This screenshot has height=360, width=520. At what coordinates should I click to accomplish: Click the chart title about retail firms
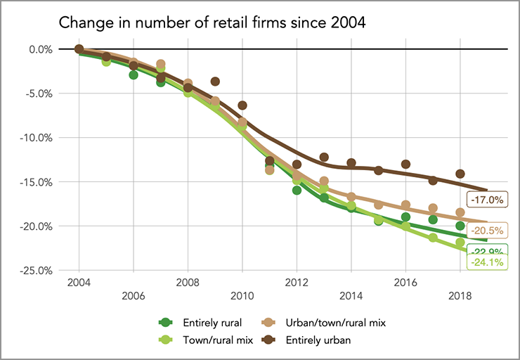pos(212,22)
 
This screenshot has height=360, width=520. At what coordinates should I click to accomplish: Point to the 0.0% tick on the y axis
pos(41,49)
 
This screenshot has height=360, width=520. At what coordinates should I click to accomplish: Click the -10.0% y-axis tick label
pos(38,138)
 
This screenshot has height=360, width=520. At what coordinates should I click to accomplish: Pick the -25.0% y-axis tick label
pos(38,271)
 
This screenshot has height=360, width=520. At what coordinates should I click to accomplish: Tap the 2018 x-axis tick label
pos(460,296)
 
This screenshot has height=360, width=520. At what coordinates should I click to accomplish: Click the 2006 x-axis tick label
pos(134,296)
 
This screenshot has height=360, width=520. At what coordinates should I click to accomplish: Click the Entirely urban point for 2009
pos(215,82)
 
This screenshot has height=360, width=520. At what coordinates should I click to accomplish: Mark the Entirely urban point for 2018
pos(460,174)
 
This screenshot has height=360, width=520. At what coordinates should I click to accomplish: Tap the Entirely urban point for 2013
pos(324,157)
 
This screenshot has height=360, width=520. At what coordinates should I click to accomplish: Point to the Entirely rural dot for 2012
pos(297,190)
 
